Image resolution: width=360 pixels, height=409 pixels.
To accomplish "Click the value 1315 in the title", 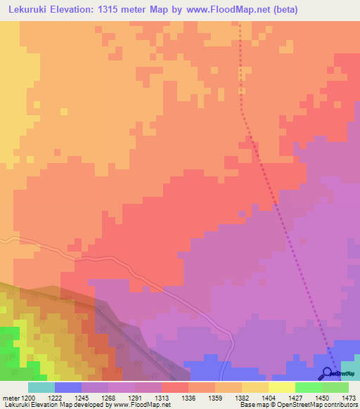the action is tap(123, 10).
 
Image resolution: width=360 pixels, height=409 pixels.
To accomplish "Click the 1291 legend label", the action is tap(146, 397).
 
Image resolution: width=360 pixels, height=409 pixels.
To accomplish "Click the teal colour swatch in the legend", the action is tap(41, 387).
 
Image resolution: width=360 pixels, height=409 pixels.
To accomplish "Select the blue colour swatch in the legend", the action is tap(68, 387).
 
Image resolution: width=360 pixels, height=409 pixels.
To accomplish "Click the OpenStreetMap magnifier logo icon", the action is tap(328, 374).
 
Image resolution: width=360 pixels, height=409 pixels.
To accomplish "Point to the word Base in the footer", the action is tap(247, 405).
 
